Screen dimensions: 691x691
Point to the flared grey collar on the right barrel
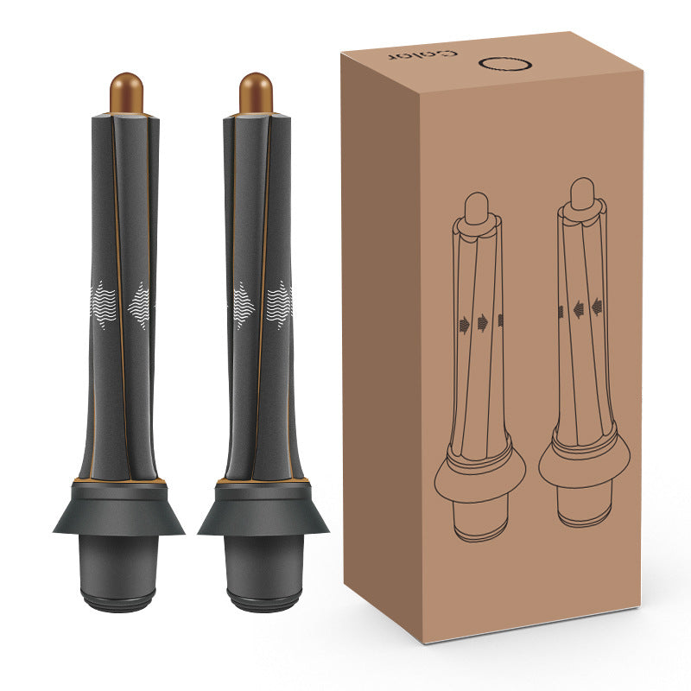[x=263, y=514]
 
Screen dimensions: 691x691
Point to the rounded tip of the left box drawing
[x=476, y=207]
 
